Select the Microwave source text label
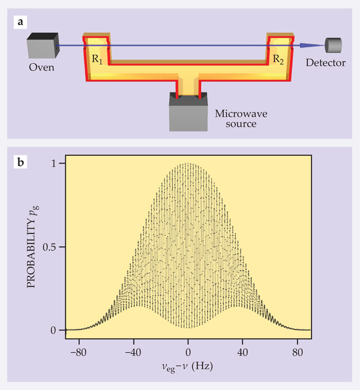point(234,117)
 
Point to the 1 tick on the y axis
point(61,163)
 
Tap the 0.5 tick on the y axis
point(56,247)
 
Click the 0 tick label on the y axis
point(61,330)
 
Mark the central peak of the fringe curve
point(188,164)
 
